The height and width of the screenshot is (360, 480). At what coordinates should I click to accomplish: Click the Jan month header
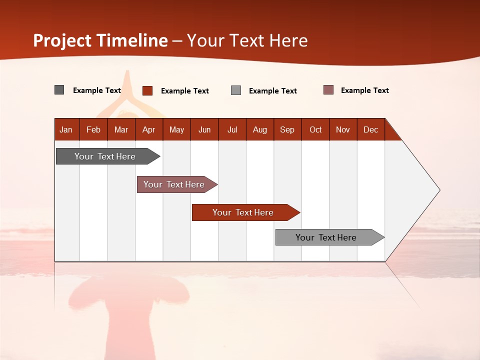pos(66,129)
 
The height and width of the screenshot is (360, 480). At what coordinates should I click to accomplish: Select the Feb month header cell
pos(93,129)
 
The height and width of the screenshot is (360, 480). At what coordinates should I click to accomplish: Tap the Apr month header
pos(149,129)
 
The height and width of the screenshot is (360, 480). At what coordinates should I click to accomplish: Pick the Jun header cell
pos(204,129)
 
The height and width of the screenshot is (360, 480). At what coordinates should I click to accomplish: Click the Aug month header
pos(260,129)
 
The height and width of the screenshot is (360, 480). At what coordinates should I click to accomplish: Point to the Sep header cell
pos(287,129)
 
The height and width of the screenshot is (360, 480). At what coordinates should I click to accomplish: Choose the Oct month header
pos(315,129)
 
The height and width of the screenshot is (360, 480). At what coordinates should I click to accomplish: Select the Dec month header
pos(371,129)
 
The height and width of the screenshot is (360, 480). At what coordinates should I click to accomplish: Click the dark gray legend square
pos(59,90)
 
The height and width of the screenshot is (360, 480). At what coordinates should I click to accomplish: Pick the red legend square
pos(147,90)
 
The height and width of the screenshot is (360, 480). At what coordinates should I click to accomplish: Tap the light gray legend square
pos(236,90)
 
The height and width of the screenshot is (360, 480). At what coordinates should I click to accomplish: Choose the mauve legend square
pos(328,90)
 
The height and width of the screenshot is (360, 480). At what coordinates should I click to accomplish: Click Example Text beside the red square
pos(185,91)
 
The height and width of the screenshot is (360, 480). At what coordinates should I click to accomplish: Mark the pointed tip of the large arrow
pos(439,190)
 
